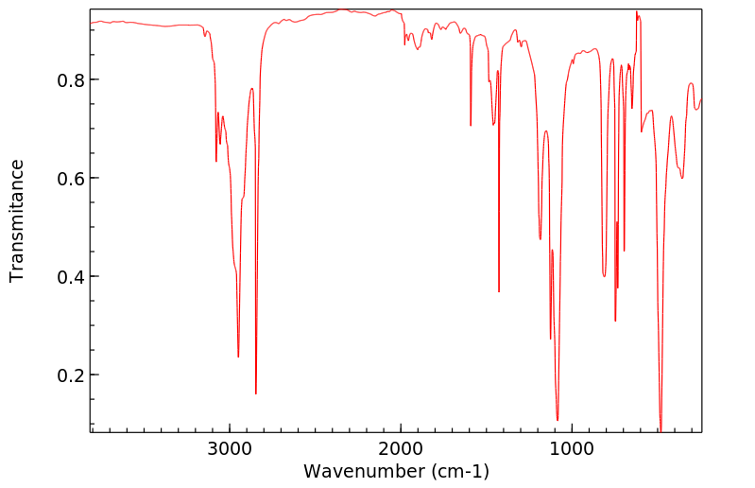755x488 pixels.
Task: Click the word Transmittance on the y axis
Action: pyautogui.click(x=17, y=220)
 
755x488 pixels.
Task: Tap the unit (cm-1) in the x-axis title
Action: pyautogui.click(x=457, y=470)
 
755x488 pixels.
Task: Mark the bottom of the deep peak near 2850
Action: pyautogui.click(x=256, y=393)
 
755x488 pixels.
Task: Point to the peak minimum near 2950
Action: pyautogui.click(x=238, y=357)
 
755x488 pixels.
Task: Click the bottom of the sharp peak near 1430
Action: pyautogui.click(x=499, y=291)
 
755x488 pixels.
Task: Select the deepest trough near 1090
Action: pyautogui.click(x=558, y=420)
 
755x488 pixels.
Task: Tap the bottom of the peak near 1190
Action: pyautogui.click(x=541, y=239)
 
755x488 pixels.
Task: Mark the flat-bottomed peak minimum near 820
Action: pyautogui.click(x=604, y=275)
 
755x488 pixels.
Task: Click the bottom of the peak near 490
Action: pyautogui.click(x=661, y=429)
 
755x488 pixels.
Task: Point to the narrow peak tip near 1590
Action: pyautogui.click(x=471, y=125)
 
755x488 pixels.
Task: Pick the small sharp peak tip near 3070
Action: pyautogui.click(x=216, y=161)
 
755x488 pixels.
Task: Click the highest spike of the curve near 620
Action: pyautogui.click(x=637, y=12)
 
